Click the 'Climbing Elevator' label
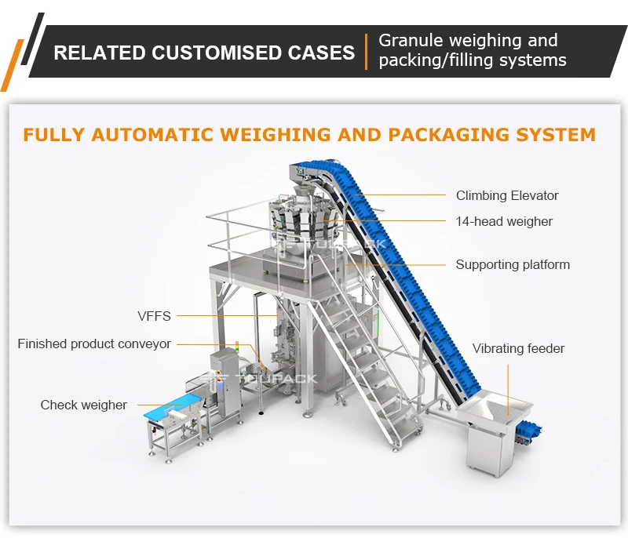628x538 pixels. coord(507,195)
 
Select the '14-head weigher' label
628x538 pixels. coord(504,222)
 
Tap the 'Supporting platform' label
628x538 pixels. coord(513,265)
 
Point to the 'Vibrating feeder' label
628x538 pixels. coord(518,348)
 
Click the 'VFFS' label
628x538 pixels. coord(154,316)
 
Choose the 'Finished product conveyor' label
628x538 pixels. coord(94,344)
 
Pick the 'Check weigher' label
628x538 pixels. coord(84,405)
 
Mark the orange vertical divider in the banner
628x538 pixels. coord(366,52)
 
